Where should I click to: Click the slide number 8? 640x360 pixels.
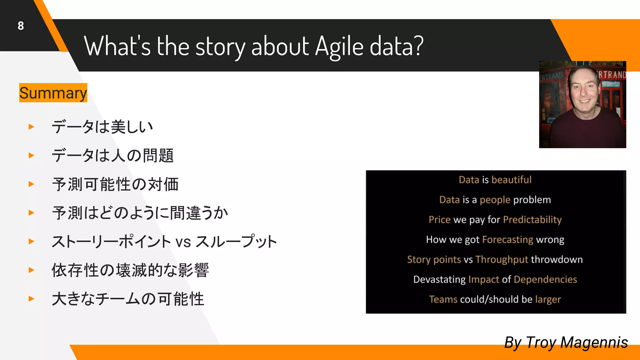pos(21,26)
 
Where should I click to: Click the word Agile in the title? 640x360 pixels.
pos(339,46)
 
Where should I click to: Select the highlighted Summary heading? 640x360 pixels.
pos(53,93)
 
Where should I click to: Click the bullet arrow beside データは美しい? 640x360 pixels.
pos(31,127)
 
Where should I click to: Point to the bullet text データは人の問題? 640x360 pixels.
pos(112,155)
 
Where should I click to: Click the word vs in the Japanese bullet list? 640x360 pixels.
pos(183,242)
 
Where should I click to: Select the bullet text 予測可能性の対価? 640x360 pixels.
pos(115,184)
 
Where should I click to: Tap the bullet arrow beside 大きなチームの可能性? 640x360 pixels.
pos(31,299)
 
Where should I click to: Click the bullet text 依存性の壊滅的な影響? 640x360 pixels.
pos(130,270)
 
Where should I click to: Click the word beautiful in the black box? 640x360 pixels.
pos(511,180)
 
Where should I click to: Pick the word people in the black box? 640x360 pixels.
pos(495,200)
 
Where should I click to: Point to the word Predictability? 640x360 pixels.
pos(532,220)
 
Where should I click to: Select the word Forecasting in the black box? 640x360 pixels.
pos(507,240)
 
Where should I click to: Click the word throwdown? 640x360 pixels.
pos(557,259)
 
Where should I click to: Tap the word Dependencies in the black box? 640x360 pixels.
pos(545,279)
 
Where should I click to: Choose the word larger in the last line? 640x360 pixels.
pos(548,299)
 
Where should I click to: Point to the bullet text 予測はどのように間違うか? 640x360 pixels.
pos(140,213)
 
